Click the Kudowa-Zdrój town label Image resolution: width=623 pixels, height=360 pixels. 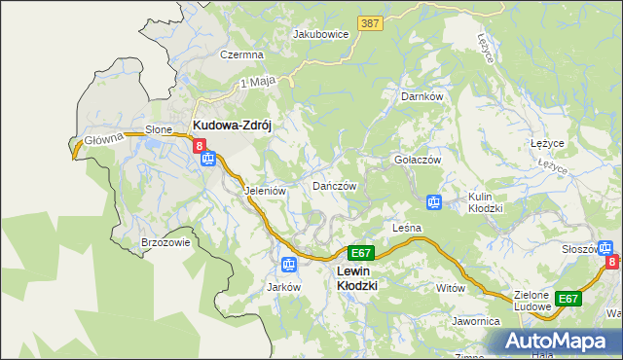(x=237, y=126)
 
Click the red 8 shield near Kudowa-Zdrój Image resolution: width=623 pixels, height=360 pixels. (x=201, y=146)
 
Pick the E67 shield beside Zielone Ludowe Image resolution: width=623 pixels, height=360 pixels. (x=568, y=299)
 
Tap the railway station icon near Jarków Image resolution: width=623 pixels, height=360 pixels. (x=288, y=264)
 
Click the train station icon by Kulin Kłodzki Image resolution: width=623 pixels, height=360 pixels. (x=434, y=202)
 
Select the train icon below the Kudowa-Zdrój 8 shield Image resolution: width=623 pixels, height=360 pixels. (x=206, y=161)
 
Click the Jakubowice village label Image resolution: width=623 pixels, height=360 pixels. (x=320, y=34)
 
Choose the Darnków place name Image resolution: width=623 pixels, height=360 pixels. (x=422, y=97)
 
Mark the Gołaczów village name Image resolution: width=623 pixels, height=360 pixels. (x=418, y=160)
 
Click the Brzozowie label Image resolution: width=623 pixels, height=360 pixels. (x=165, y=243)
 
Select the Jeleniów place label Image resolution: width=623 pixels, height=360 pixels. (x=264, y=192)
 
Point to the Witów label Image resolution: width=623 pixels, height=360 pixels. (x=451, y=289)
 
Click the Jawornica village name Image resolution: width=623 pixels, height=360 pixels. (x=475, y=320)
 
